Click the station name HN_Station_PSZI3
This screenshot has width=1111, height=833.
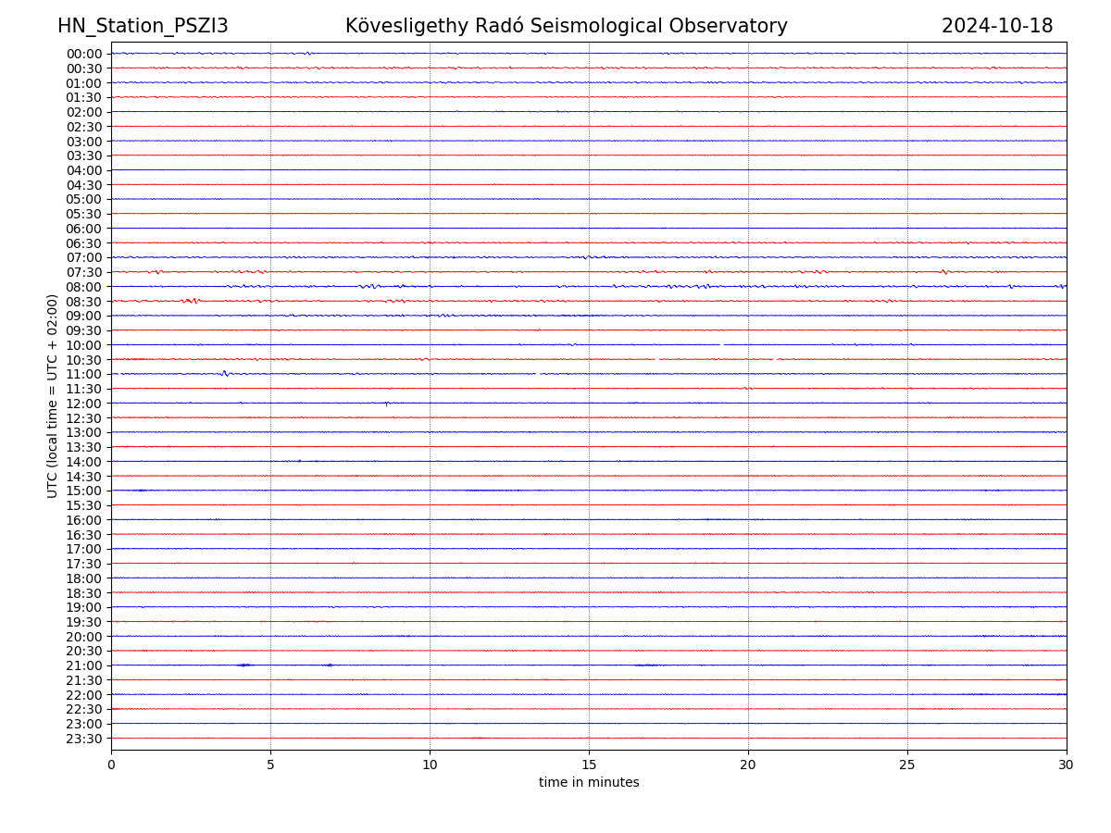tap(143, 26)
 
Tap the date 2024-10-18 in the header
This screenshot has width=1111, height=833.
tap(997, 26)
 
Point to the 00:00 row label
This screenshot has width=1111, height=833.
tap(84, 54)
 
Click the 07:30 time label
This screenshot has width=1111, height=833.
tap(84, 272)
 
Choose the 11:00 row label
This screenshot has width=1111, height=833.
tap(84, 374)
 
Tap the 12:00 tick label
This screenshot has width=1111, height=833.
tap(84, 404)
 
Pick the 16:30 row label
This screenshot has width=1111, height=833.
tap(84, 535)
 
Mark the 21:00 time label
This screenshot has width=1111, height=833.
tap(84, 665)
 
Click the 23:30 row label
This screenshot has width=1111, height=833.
tap(84, 739)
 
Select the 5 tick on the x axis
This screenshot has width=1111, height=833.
tap(270, 765)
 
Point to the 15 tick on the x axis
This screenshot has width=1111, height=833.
tap(589, 765)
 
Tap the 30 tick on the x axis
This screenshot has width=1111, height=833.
tap(1067, 765)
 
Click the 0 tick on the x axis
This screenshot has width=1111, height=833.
tap(111, 765)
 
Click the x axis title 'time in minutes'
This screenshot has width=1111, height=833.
tap(589, 783)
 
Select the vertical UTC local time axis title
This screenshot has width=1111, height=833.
tap(53, 395)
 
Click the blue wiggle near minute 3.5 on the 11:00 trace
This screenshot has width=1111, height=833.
tap(225, 374)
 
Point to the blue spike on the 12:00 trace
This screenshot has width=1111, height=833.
tap(386, 404)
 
